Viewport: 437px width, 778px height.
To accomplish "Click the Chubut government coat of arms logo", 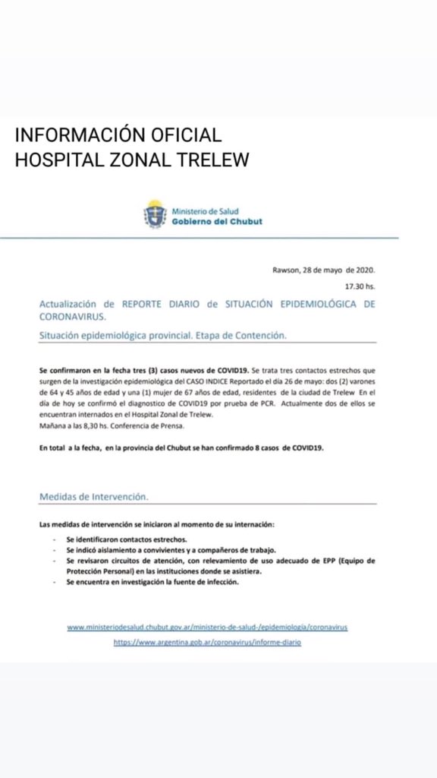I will point(156,213).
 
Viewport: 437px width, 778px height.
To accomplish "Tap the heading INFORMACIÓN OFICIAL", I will point(118,135).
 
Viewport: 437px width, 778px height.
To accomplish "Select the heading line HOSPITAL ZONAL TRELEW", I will point(132,160).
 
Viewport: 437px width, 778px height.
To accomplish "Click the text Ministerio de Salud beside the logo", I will point(204,209).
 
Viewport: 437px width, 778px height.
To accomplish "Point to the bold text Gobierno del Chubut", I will point(217,221).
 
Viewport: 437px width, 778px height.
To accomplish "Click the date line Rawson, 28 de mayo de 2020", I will point(323,270).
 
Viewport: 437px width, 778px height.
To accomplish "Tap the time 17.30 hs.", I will point(360,286).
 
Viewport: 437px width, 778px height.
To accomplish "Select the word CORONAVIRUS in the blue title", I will point(73,315).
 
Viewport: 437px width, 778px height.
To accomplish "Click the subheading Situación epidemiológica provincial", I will point(162,335).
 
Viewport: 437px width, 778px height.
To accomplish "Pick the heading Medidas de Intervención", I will point(93,496).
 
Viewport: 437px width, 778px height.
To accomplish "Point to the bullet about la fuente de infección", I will point(152,581).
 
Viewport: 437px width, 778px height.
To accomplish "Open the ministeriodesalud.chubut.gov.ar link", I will point(207,628).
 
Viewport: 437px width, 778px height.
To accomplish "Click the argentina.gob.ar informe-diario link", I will point(207,642).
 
